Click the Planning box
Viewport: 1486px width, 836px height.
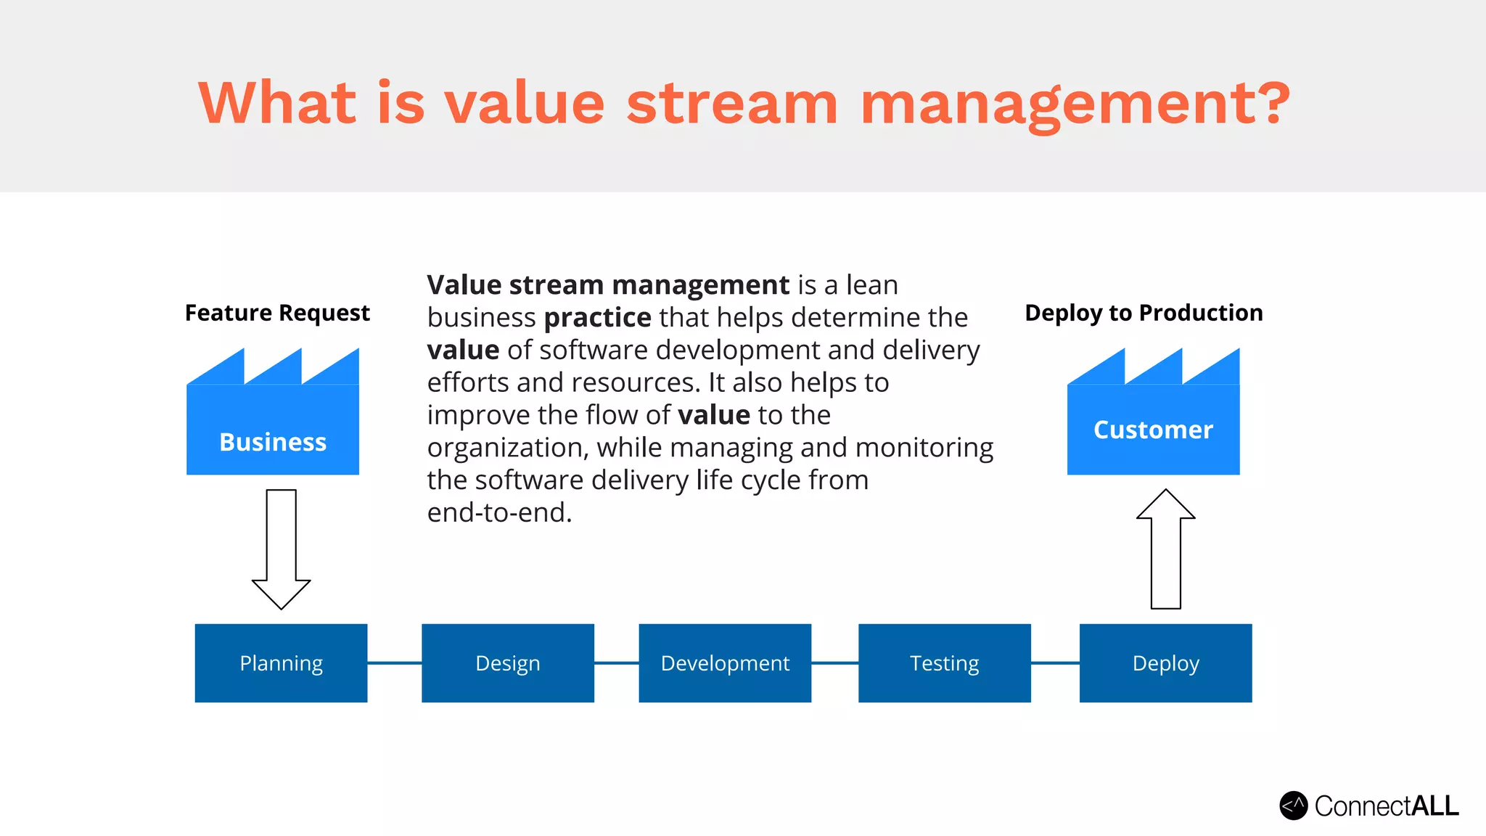pos(281,663)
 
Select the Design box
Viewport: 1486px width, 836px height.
pos(507,663)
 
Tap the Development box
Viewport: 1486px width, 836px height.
pos(725,663)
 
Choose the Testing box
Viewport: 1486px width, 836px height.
pos(944,663)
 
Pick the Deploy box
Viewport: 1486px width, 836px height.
pos(1165,663)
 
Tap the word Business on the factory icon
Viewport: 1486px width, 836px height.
pos(273,442)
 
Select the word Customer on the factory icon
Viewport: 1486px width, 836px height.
pos(1153,430)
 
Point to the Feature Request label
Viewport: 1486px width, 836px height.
pos(277,313)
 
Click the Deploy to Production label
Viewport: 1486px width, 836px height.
pos(1144,313)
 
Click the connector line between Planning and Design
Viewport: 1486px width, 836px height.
pos(394,663)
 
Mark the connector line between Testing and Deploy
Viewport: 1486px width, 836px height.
pos(1055,663)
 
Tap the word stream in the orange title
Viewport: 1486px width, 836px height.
pos(731,103)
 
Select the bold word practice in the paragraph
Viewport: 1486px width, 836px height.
pos(597,318)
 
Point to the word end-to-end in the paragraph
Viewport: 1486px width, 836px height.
pos(499,513)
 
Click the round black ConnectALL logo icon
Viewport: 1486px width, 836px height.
pos(1293,806)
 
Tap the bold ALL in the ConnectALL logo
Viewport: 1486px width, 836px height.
pos(1434,806)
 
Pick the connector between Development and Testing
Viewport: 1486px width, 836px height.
pos(834,663)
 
